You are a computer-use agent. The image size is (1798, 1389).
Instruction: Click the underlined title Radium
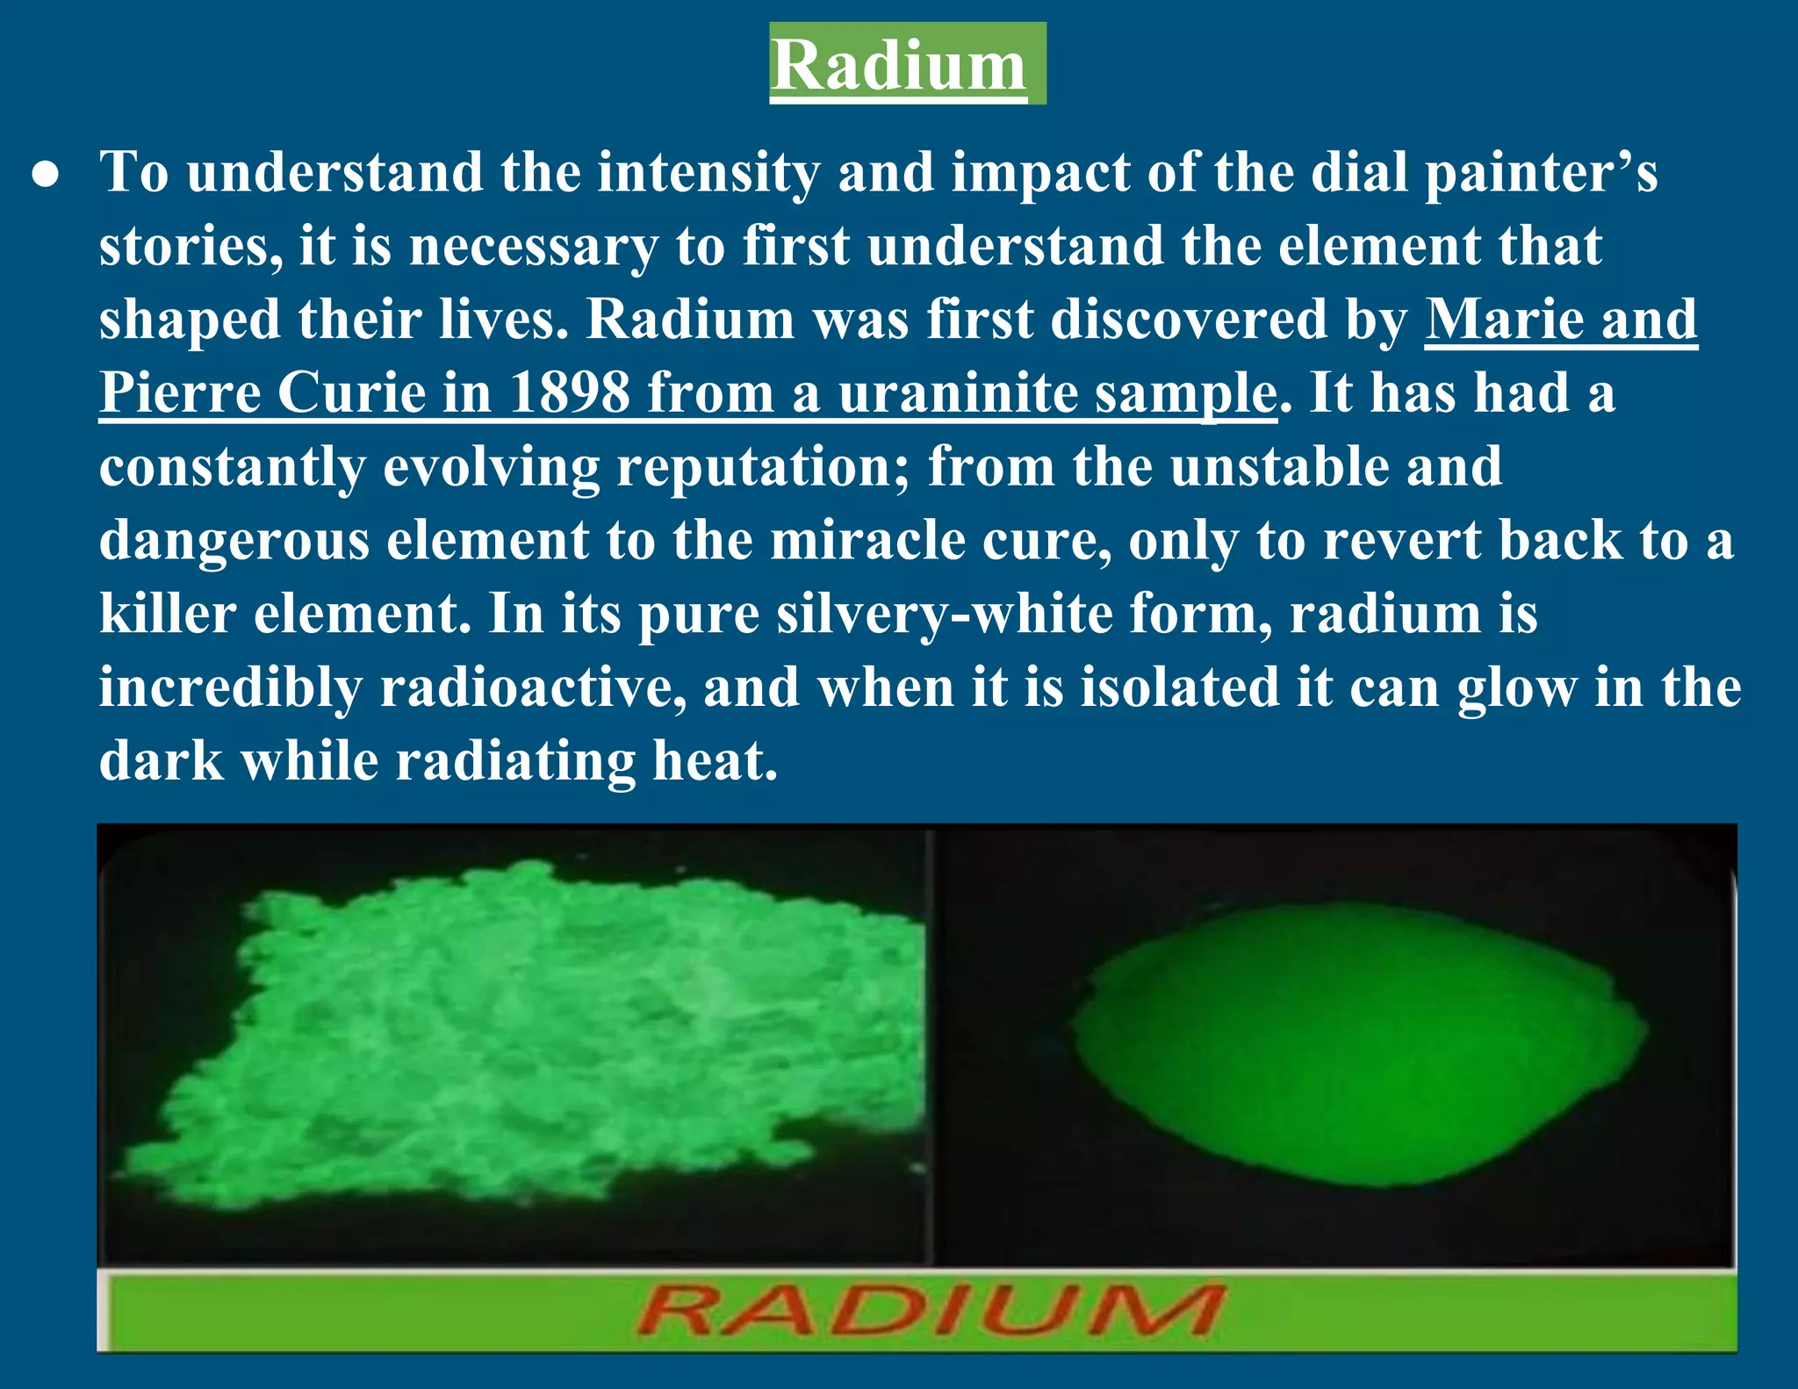(898, 66)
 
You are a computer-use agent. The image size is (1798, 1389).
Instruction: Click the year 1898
(569, 392)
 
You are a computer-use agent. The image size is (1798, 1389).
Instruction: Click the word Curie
(351, 392)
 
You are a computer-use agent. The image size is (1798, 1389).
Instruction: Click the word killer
(168, 613)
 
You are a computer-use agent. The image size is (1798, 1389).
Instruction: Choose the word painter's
(1541, 172)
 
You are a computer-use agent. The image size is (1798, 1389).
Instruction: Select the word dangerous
(234, 541)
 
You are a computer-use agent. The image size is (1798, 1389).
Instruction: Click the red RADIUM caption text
(929, 1311)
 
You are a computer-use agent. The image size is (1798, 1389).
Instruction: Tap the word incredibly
(230, 688)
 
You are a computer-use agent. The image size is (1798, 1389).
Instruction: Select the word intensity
(708, 172)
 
